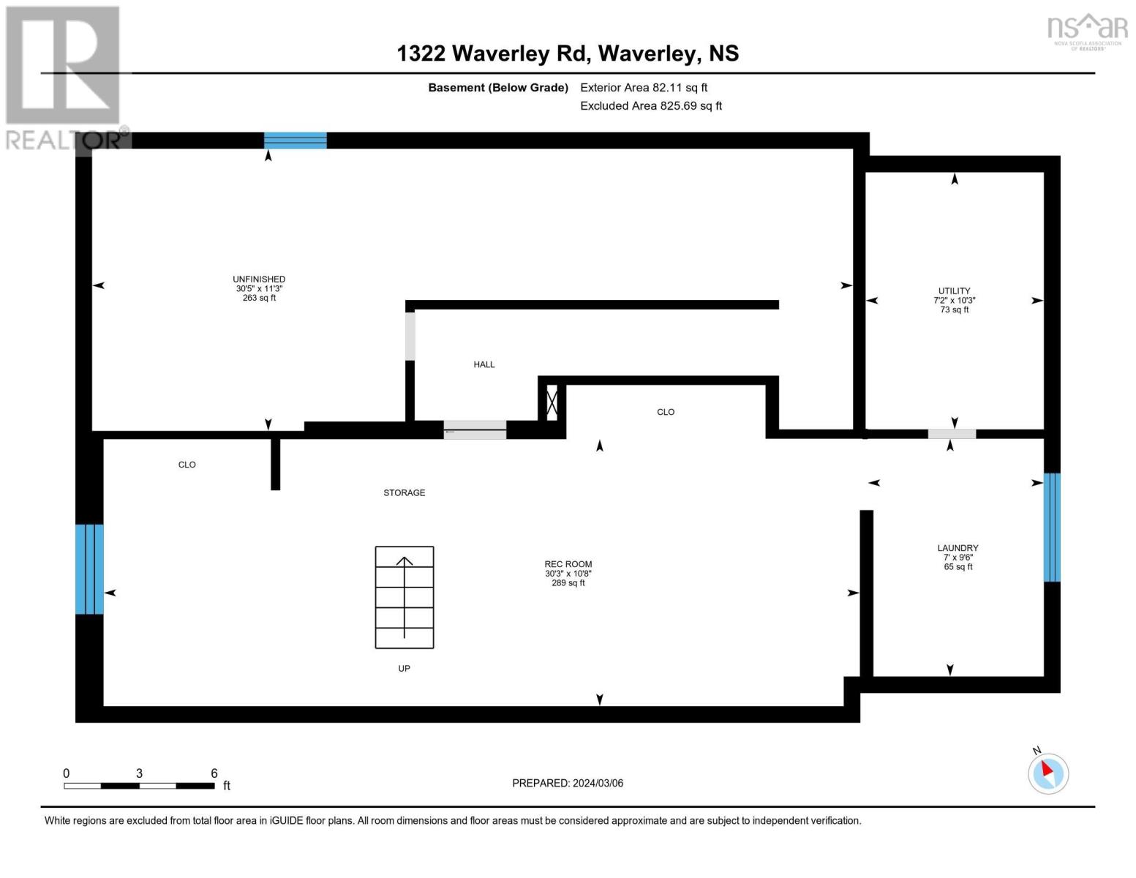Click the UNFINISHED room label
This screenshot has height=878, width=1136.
pyautogui.click(x=259, y=279)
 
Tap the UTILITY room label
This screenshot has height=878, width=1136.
pyautogui.click(x=954, y=290)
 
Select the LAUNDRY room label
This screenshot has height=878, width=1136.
pyautogui.click(x=958, y=548)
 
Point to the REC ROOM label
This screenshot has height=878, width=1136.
pyautogui.click(x=568, y=564)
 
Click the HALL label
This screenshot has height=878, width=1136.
pyautogui.click(x=484, y=364)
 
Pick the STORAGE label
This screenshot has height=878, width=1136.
pyautogui.click(x=404, y=492)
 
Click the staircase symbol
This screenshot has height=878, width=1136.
pyautogui.click(x=404, y=597)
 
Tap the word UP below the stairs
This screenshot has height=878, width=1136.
pyautogui.click(x=404, y=668)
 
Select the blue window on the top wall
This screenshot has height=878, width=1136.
pyautogui.click(x=296, y=140)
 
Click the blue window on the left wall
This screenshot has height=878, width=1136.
pyautogui.click(x=89, y=569)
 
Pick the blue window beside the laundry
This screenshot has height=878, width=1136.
pyautogui.click(x=1052, y=527)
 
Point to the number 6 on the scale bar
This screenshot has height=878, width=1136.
pyautogui.click(x=214, y=773)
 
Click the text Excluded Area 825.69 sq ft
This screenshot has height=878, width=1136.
pyautogui.click(x=651, y=105)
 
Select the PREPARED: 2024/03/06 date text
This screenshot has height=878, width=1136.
pyautogui.click(x=568, y=783)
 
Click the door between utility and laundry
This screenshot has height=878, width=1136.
pyautogui.click(x=952, y=434)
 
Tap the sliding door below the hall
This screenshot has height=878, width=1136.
pyautogui.click(x=475, y=429)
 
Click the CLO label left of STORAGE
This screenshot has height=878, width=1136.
pyautogui.click(x=187, y=465)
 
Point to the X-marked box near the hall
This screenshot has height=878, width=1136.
pyautogui.click(x=552, y=402)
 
